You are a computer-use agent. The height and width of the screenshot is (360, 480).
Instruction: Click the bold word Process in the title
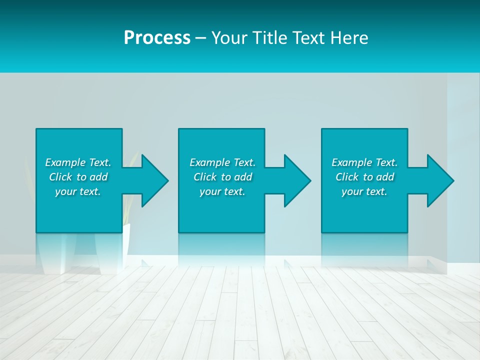pos(157,38)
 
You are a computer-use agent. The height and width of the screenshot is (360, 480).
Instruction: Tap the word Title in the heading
pos(270,38)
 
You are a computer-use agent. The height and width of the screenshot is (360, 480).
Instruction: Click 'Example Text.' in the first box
pos(78,162)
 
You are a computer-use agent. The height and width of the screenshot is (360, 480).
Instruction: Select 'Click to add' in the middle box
pos(222,177)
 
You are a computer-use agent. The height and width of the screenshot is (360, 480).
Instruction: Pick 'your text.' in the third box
pos(364,191)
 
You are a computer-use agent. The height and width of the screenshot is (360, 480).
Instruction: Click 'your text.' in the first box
pos(78,191)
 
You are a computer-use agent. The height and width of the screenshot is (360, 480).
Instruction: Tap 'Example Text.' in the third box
pos(364,162)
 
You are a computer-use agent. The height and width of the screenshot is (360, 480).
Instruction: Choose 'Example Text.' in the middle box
pos(222,162)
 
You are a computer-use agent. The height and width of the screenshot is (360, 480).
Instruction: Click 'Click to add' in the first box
pos(78,177)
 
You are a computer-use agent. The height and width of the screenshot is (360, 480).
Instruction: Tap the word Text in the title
pos(308,38)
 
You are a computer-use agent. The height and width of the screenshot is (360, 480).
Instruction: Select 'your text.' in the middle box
pos(222,191)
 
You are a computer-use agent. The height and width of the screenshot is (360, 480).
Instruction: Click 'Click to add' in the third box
pos(364,177)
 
